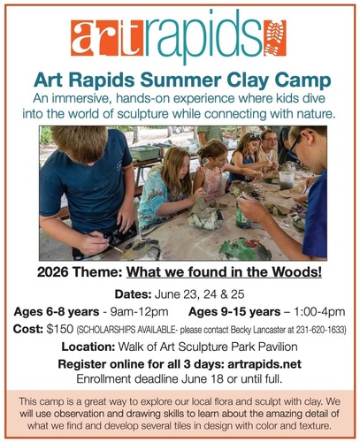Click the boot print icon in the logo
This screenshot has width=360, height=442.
pyautogui.click(x=275, y=38)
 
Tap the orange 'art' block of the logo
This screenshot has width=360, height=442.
pyautogui.click(x=107, y=38)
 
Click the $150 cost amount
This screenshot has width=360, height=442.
pyautogui.click(x=59, y=330)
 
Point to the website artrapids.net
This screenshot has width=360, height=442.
pyautogui.click(x=264, y=364)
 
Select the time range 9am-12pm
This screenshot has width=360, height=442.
pyautogui.click(x=139, y=312)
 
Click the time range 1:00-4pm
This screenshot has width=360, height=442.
pyautogui.click(x=319, y=312)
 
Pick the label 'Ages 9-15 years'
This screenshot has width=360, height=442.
pyautogui.click(x=234, y=312)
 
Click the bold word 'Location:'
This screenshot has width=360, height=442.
pyautogui.click(x=88, y=347)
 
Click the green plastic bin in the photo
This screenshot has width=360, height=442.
pyautogui.click(x=144, y=152)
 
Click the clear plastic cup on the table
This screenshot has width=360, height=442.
pyautogui.click(x=287, y=180)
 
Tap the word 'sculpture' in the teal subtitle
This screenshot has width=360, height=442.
pyautogui.click(x=143, y=114)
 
